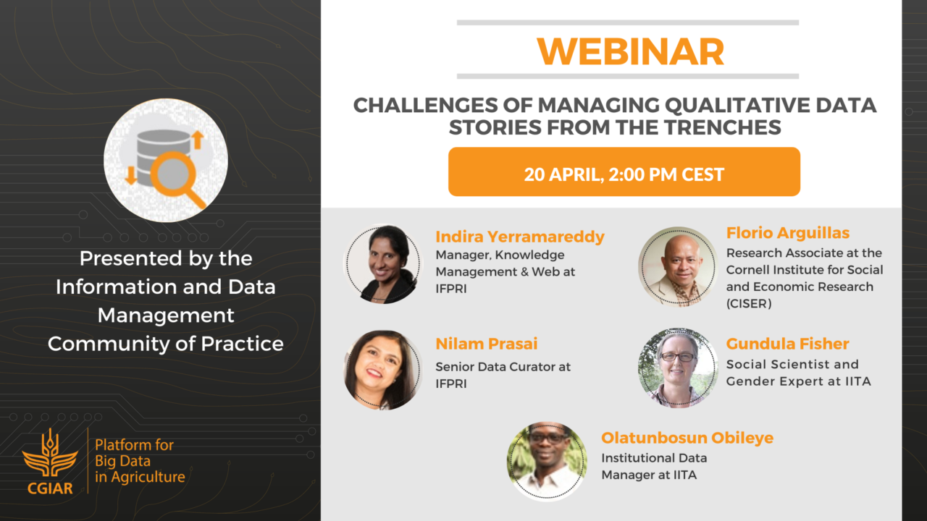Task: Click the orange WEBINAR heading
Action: tap(630, 52)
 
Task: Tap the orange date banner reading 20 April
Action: tap(624, 171)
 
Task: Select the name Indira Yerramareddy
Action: tap(520, 237)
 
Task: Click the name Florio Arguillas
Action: tap(788, 233)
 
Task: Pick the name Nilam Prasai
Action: tap(487, 344)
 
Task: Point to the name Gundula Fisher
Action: tap(787, 344)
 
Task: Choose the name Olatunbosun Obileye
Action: tap(687, 438)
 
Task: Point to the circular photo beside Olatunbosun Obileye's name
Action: tap(547, 462)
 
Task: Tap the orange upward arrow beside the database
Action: tap(198, 140)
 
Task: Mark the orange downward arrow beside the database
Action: tap(131, 176)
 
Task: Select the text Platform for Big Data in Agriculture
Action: tap(140, 461)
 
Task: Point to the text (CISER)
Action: tap(749, 304)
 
